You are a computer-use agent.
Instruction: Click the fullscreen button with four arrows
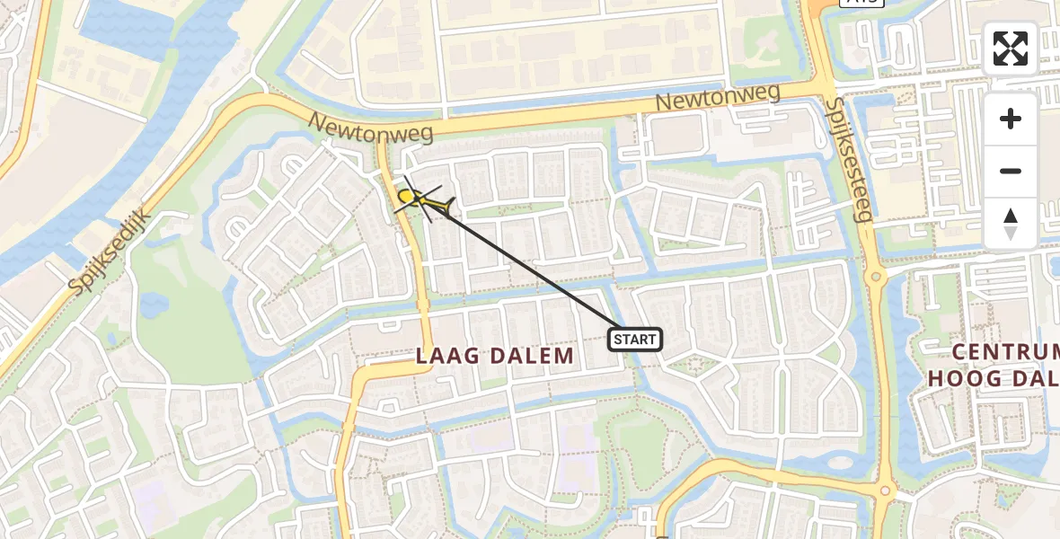coord(1011,49)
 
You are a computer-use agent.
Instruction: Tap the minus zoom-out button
coord(1011,171)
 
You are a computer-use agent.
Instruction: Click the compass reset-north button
coord(1011,224)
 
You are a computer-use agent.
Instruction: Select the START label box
coord(635,340)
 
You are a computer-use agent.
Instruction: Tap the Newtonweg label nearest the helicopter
coord(372,128)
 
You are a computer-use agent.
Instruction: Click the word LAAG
coord(446,356)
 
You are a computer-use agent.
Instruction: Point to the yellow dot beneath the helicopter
coord(406,196)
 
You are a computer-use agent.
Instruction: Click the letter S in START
coord(618,340)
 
